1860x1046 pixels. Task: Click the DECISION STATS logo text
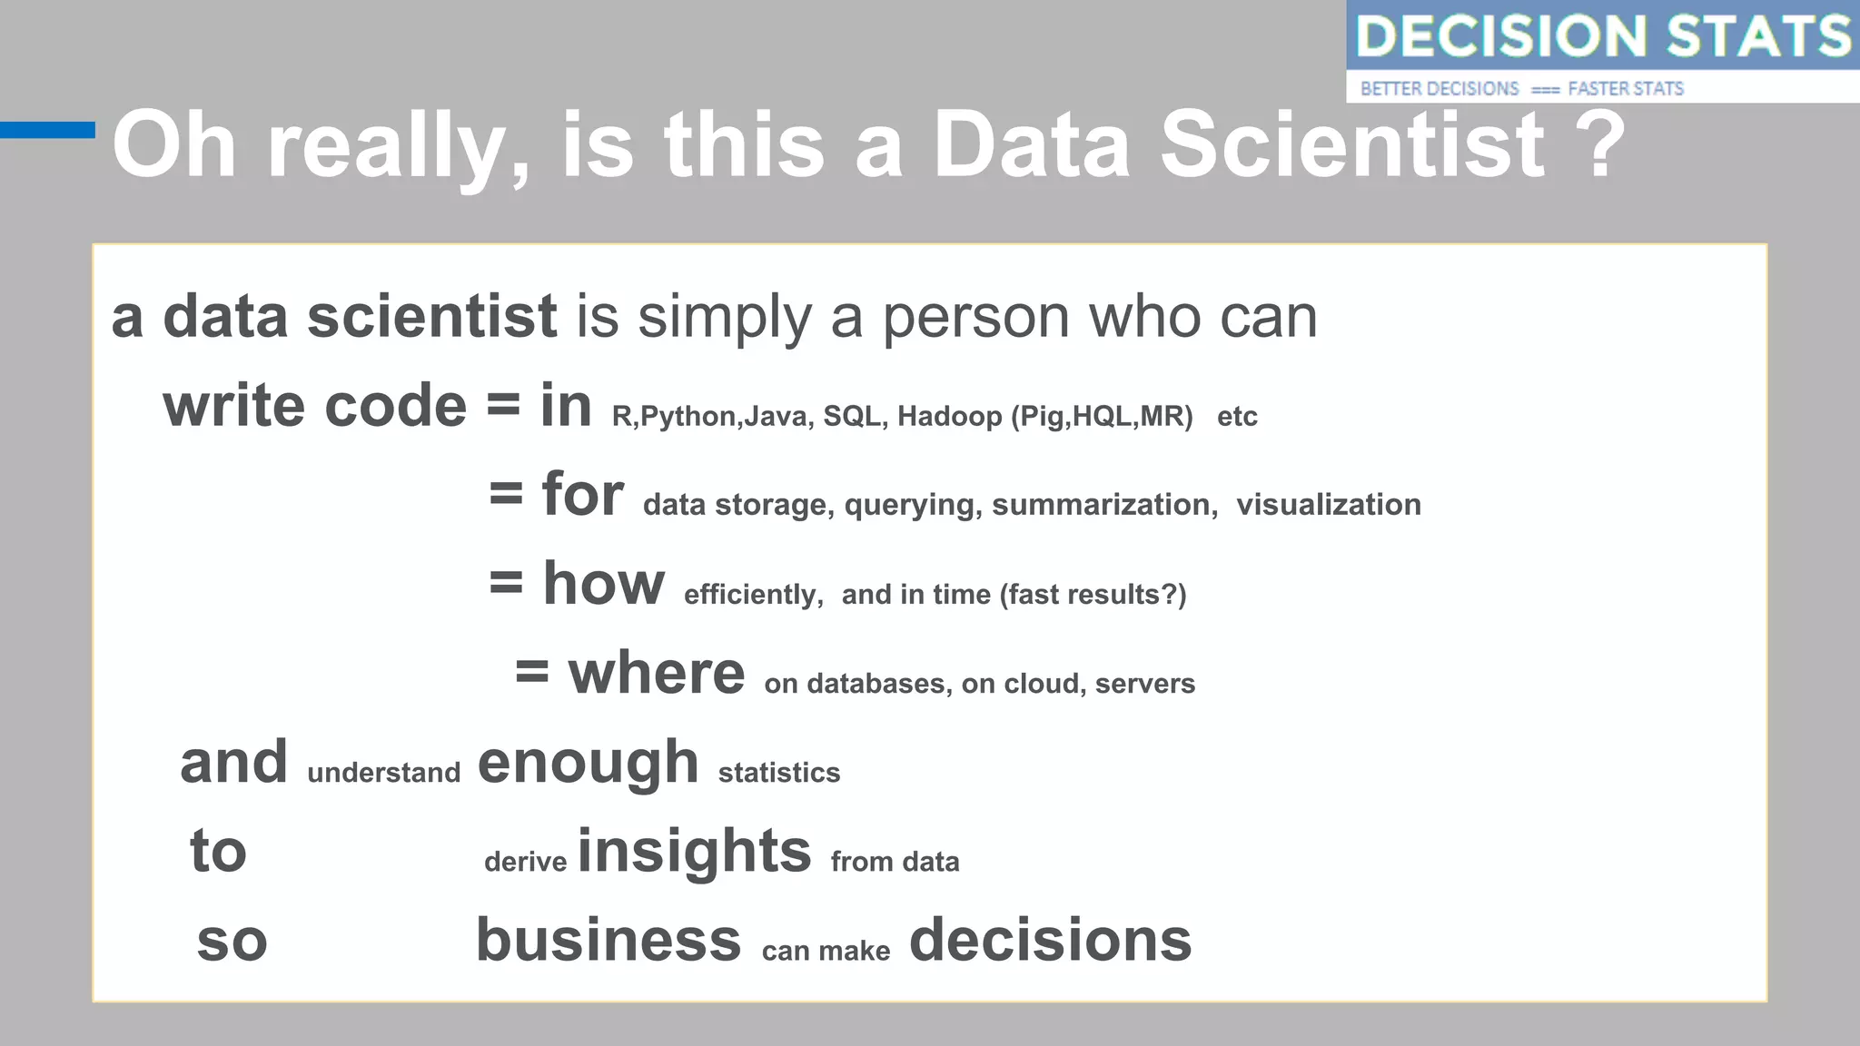(1603, 36)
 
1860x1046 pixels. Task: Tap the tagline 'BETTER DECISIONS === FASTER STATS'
(1521, 89)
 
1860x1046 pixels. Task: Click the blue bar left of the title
(47, 130)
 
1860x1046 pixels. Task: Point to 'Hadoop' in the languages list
(950, 417)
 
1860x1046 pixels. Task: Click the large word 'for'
(582, 495)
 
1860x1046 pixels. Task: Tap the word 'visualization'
(1328, 505)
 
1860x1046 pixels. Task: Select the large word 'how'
(603, 583)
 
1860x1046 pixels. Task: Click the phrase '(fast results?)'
(1093, 595)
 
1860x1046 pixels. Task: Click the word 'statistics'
(778, 773)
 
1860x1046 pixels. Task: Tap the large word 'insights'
(694, 852)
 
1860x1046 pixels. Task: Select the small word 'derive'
(525, 862)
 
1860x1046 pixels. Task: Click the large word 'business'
(608, 940)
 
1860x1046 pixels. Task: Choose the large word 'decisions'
(1050, 940)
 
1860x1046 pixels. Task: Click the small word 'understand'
(383, 773)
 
